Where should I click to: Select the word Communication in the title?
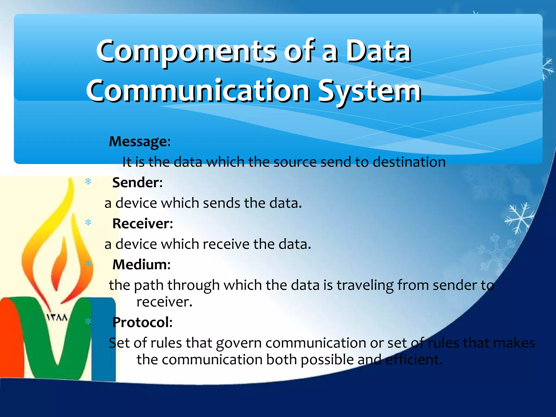click(x=198, y=91)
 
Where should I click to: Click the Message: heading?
click(x=140, y=141)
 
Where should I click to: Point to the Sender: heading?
click(x=137, y=182)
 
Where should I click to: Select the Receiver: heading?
click(x=143, y=224)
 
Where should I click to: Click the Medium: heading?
click(x=141, y=264)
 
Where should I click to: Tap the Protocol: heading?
click(x=143, y=322)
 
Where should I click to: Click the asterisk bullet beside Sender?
click(x=88, y=182)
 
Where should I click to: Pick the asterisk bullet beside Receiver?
click(x=88, y=223)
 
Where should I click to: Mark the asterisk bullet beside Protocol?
click(x=88, y=322)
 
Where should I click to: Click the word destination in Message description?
click(x=409, y=162)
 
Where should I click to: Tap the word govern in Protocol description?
click(x=239, y=343)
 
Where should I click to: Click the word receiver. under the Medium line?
click(x=164, y=302)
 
